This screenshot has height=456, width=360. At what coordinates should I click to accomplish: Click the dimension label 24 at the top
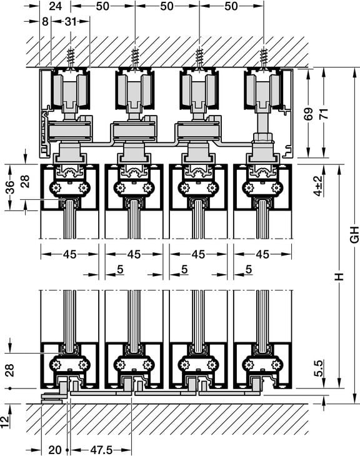[56, 6]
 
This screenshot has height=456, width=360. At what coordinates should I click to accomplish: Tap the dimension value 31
[71, 21]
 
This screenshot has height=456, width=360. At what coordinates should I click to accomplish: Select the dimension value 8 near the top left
[45, 21]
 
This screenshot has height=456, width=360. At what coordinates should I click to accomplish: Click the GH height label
[354, 234]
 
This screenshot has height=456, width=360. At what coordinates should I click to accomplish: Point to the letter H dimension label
[339, 277]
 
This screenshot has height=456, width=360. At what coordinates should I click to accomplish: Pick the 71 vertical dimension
[323, 114]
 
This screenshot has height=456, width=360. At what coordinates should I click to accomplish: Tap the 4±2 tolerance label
[319, 186]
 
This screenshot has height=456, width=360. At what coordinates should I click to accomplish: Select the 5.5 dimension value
[319, 369]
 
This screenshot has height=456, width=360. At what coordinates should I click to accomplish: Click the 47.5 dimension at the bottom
[101, 450]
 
